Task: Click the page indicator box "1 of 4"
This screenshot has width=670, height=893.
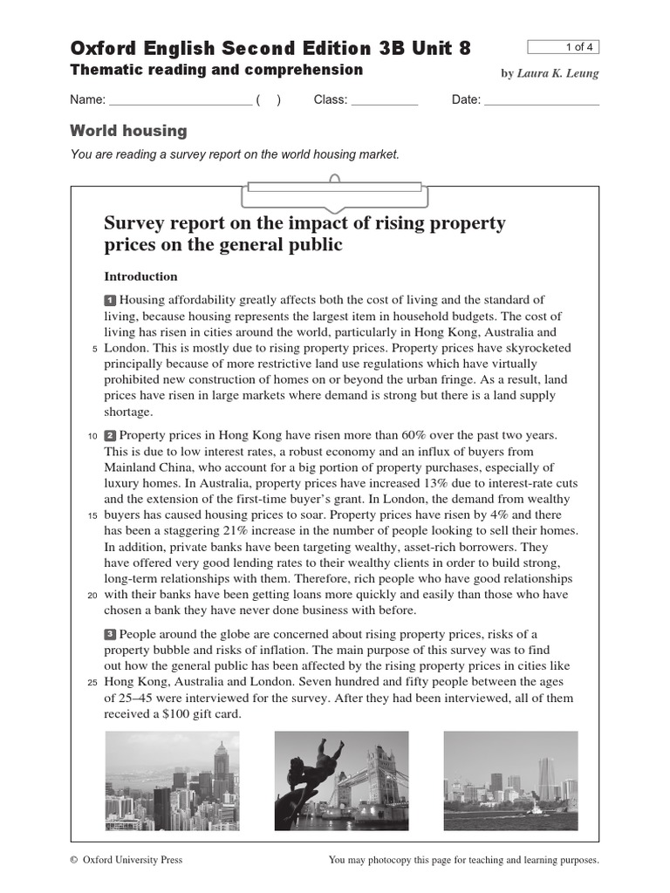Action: coord(564,47)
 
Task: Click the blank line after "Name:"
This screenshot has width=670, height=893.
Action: coord(181,100)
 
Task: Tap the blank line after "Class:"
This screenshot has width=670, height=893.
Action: coord(385,100)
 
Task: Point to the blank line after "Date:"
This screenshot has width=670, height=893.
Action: coord(542,100)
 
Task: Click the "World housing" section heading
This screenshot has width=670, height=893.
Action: coord(128,131)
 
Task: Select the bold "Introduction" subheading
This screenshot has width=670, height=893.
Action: coord(140,276)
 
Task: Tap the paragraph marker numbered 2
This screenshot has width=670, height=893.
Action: coord(110,435)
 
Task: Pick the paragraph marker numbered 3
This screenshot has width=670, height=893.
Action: coord(110,634)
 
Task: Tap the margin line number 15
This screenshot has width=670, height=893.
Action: coord(93,516)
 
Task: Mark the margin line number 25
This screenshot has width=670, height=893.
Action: coord(93,682)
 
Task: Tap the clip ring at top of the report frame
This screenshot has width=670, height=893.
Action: coord(334,180)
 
